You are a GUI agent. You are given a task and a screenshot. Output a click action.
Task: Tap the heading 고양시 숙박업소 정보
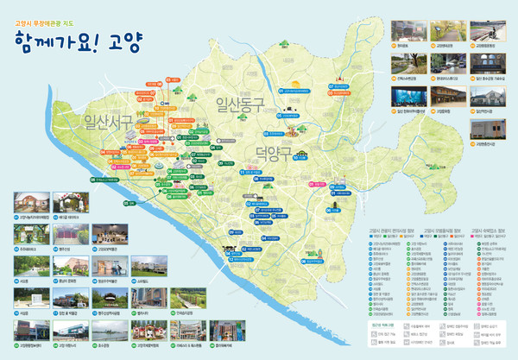coord(490,231)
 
